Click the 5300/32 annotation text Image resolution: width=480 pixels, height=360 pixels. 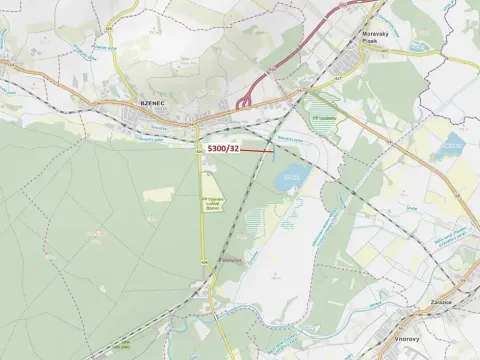click(222, 149)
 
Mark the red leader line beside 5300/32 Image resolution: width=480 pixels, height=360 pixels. click(257, 152)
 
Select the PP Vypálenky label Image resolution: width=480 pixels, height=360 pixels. click(325, 117)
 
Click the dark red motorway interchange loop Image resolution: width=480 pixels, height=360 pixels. click(244, 101)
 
